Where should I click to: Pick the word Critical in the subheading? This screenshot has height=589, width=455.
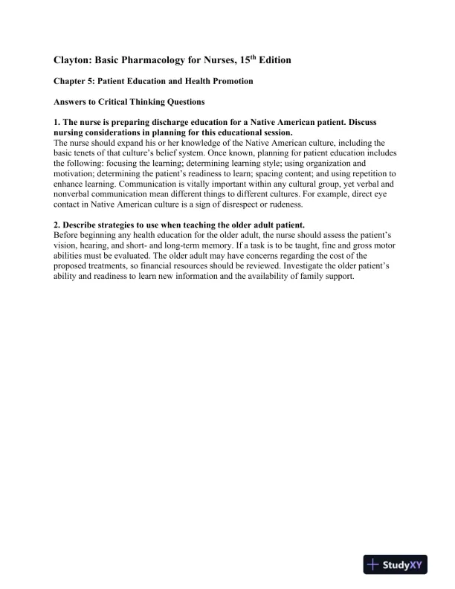point(132,102)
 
